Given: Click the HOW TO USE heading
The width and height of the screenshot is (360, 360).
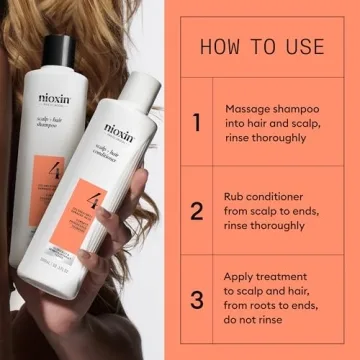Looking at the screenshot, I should tap(262, 46).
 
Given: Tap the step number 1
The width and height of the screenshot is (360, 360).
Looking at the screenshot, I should tap(197, 122).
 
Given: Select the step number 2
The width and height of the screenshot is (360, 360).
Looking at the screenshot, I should tap(197, 211).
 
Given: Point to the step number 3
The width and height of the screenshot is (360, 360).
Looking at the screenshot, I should tap(197, 299).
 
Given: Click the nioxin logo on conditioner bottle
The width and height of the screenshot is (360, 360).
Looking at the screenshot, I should tap(118, 130).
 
